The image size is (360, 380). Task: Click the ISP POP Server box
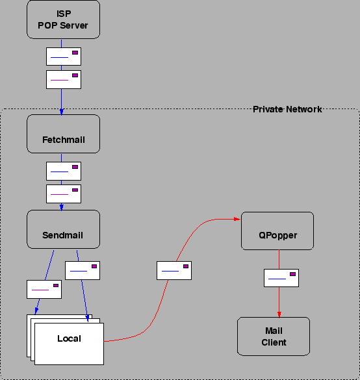63,19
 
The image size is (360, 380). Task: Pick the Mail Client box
274,336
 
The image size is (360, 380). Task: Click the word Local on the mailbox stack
69,338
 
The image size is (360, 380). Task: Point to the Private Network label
287,109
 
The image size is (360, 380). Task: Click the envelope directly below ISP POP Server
64,57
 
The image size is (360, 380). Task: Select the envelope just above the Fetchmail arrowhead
64,79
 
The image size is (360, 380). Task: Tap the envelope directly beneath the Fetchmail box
64,171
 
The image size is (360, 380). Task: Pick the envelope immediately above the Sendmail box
64,194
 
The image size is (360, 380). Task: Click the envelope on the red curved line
174,270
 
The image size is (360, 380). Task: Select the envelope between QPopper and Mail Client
281,277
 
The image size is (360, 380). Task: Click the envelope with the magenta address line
44,289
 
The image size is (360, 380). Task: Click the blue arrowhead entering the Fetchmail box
61,112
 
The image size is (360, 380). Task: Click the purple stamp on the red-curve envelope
186,266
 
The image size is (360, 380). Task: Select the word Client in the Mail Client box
274,342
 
